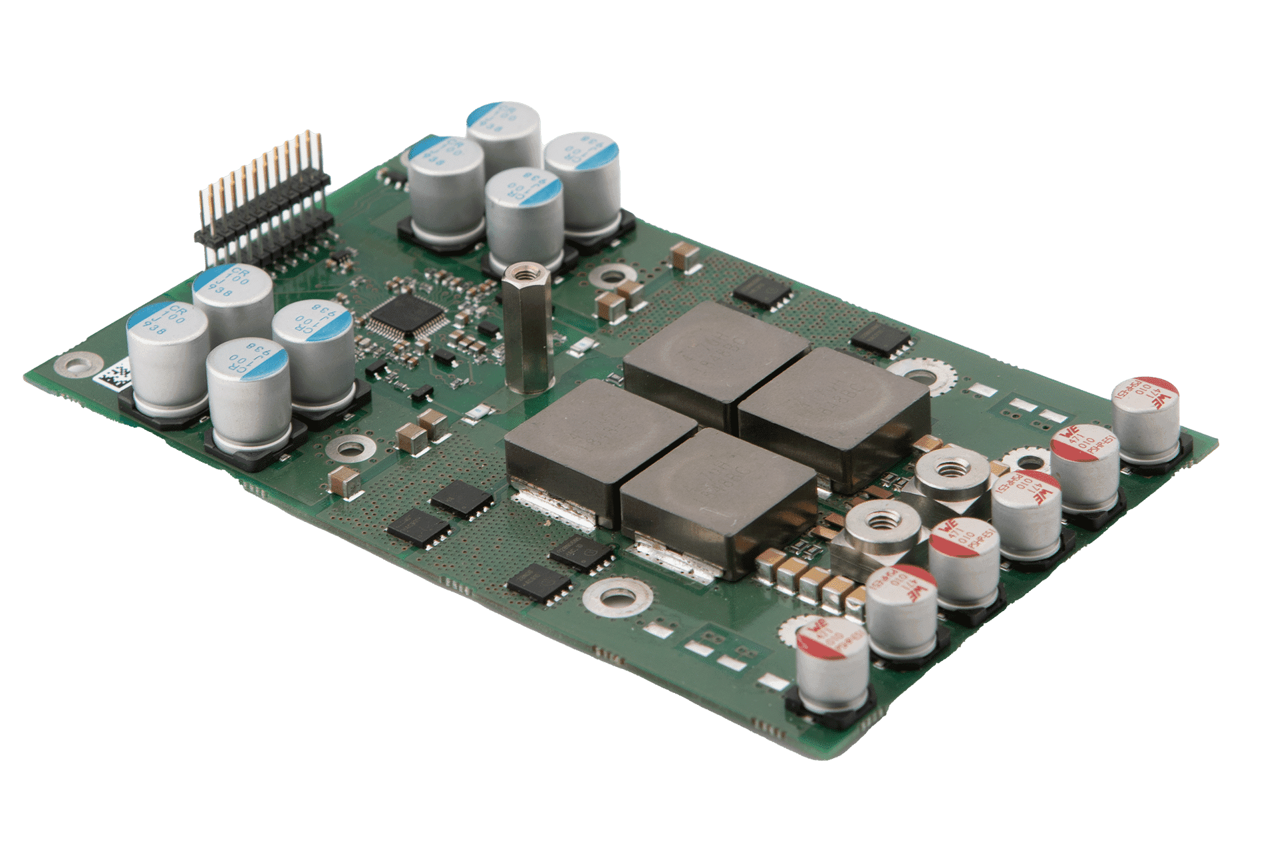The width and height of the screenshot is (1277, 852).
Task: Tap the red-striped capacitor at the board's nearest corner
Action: tap(832, 666)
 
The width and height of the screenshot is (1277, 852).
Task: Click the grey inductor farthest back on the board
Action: tap(715, 353)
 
